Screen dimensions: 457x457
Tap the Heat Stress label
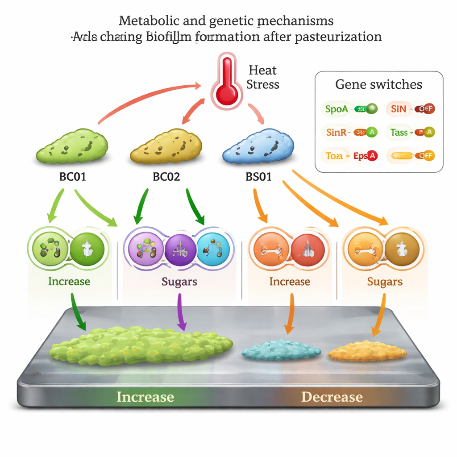click(x=263, y=77)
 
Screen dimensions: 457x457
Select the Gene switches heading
click(x=378, y=85)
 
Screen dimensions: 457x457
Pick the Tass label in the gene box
click(x=399, y=132)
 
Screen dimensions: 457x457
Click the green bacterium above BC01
click(x=71, y=145)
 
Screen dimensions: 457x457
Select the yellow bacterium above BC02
click(x=166, y=146)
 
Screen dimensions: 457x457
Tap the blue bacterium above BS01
click(x=259, y=145)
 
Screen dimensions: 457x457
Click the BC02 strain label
click(x=166, y=177)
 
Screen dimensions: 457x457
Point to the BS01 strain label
click(x=259, y=177)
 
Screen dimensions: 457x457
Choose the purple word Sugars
click(x=179, y=282)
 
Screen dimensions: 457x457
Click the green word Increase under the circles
click(x=69, y=282)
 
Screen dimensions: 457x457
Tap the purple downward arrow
click(x=181, y=312)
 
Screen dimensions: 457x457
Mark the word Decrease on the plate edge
click(x=332, y=397)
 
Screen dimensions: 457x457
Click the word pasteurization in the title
click(x=338, y=36)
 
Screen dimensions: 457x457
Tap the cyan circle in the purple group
click(x=213, y=249)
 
